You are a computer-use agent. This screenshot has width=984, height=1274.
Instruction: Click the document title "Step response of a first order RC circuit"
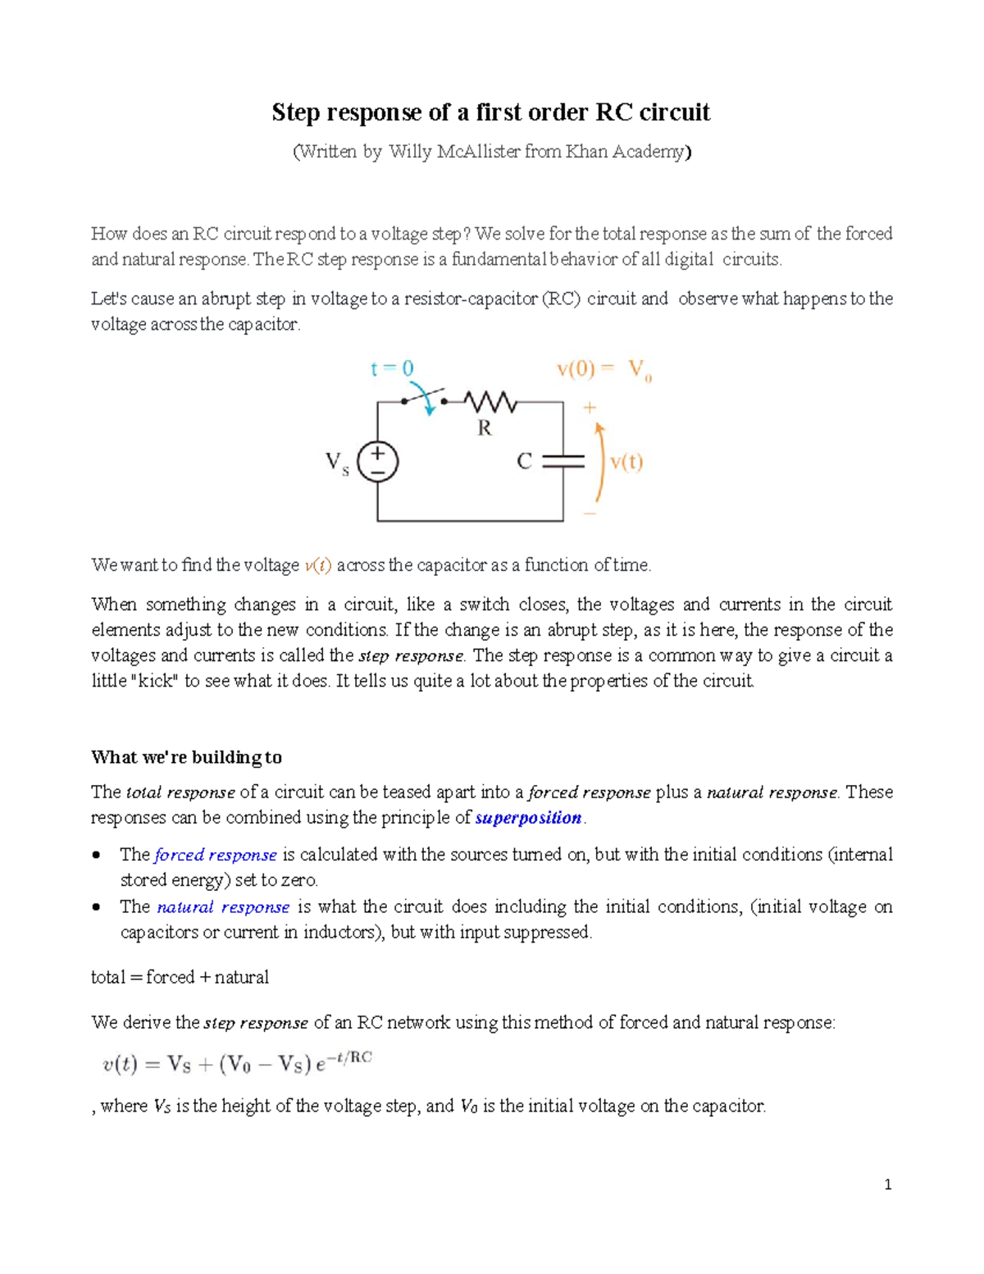coord(490,112)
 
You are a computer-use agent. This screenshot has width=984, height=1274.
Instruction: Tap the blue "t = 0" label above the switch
coord(392,369)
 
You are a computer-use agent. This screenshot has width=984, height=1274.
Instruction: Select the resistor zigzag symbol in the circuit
coord(490,402)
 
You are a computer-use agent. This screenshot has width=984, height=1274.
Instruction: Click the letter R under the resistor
coord(485,427)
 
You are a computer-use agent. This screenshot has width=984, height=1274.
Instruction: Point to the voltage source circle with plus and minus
coord(377,461)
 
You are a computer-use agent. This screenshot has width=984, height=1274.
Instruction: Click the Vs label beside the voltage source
coord(337,463)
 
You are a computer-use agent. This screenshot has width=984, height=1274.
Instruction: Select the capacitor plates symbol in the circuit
coord(563,461)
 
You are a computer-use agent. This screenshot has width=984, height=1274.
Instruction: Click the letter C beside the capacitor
coord(525,462)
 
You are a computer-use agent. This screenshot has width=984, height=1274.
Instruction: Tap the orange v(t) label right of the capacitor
coord(626,462)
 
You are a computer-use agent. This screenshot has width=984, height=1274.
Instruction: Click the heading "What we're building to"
coord(186,757)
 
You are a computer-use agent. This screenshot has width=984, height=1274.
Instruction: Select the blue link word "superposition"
coord(528,818)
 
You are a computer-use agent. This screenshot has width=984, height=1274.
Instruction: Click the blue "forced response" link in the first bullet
coord(215,855)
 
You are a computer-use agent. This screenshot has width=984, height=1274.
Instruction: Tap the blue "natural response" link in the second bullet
coord(223,907)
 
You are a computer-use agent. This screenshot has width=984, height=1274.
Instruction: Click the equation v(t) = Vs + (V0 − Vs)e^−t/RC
coord(237,1064)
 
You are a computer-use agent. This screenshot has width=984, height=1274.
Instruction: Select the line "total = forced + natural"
coord(180,977)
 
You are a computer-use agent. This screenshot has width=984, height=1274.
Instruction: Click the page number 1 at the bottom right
coord(887,1185)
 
